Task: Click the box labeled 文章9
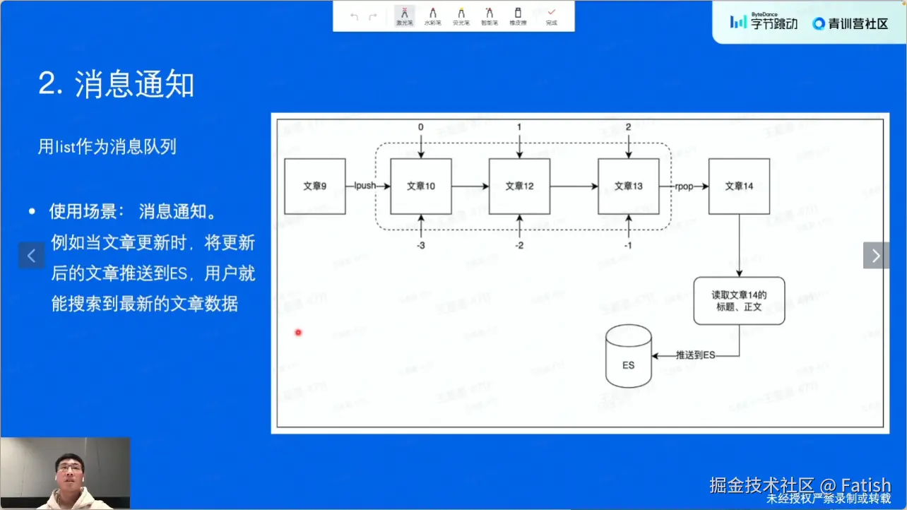point(314,186)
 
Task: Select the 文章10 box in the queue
point(420,186)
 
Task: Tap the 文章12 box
point(519,186)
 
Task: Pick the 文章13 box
point(628,186)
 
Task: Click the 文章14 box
point(739,186)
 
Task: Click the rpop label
point(684,186)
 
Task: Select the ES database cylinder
point(628,357)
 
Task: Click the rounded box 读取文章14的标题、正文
point(739,301)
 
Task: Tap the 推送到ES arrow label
point(695,355)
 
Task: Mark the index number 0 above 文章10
point(421,127)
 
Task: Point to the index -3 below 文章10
point(421,245)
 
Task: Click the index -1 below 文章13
point(628,245)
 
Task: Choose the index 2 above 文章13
point(628,127)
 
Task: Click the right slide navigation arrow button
point(876,255)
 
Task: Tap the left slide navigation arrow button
point(31,255)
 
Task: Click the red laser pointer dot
point(298,332)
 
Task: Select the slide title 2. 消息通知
point(116,85)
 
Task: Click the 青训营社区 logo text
point(850,23)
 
